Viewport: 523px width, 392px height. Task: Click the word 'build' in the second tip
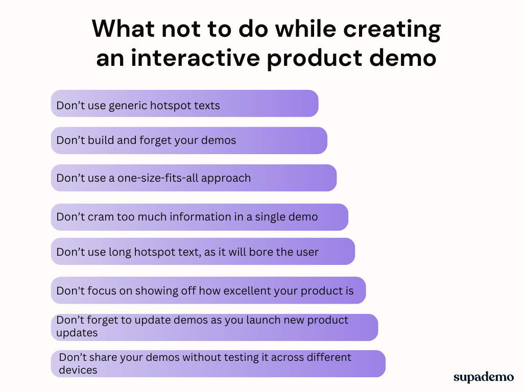coord(101,140)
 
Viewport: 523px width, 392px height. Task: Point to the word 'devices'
coord(78,370)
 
